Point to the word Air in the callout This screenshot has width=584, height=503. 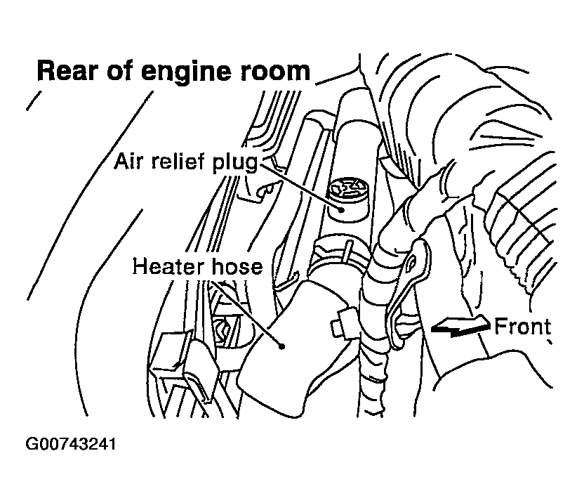(131, 164)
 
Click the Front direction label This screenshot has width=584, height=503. (522, 327)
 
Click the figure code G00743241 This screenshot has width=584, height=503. (70, 445)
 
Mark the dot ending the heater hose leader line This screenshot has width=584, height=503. (281, 346)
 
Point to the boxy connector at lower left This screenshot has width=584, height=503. (175, 362)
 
